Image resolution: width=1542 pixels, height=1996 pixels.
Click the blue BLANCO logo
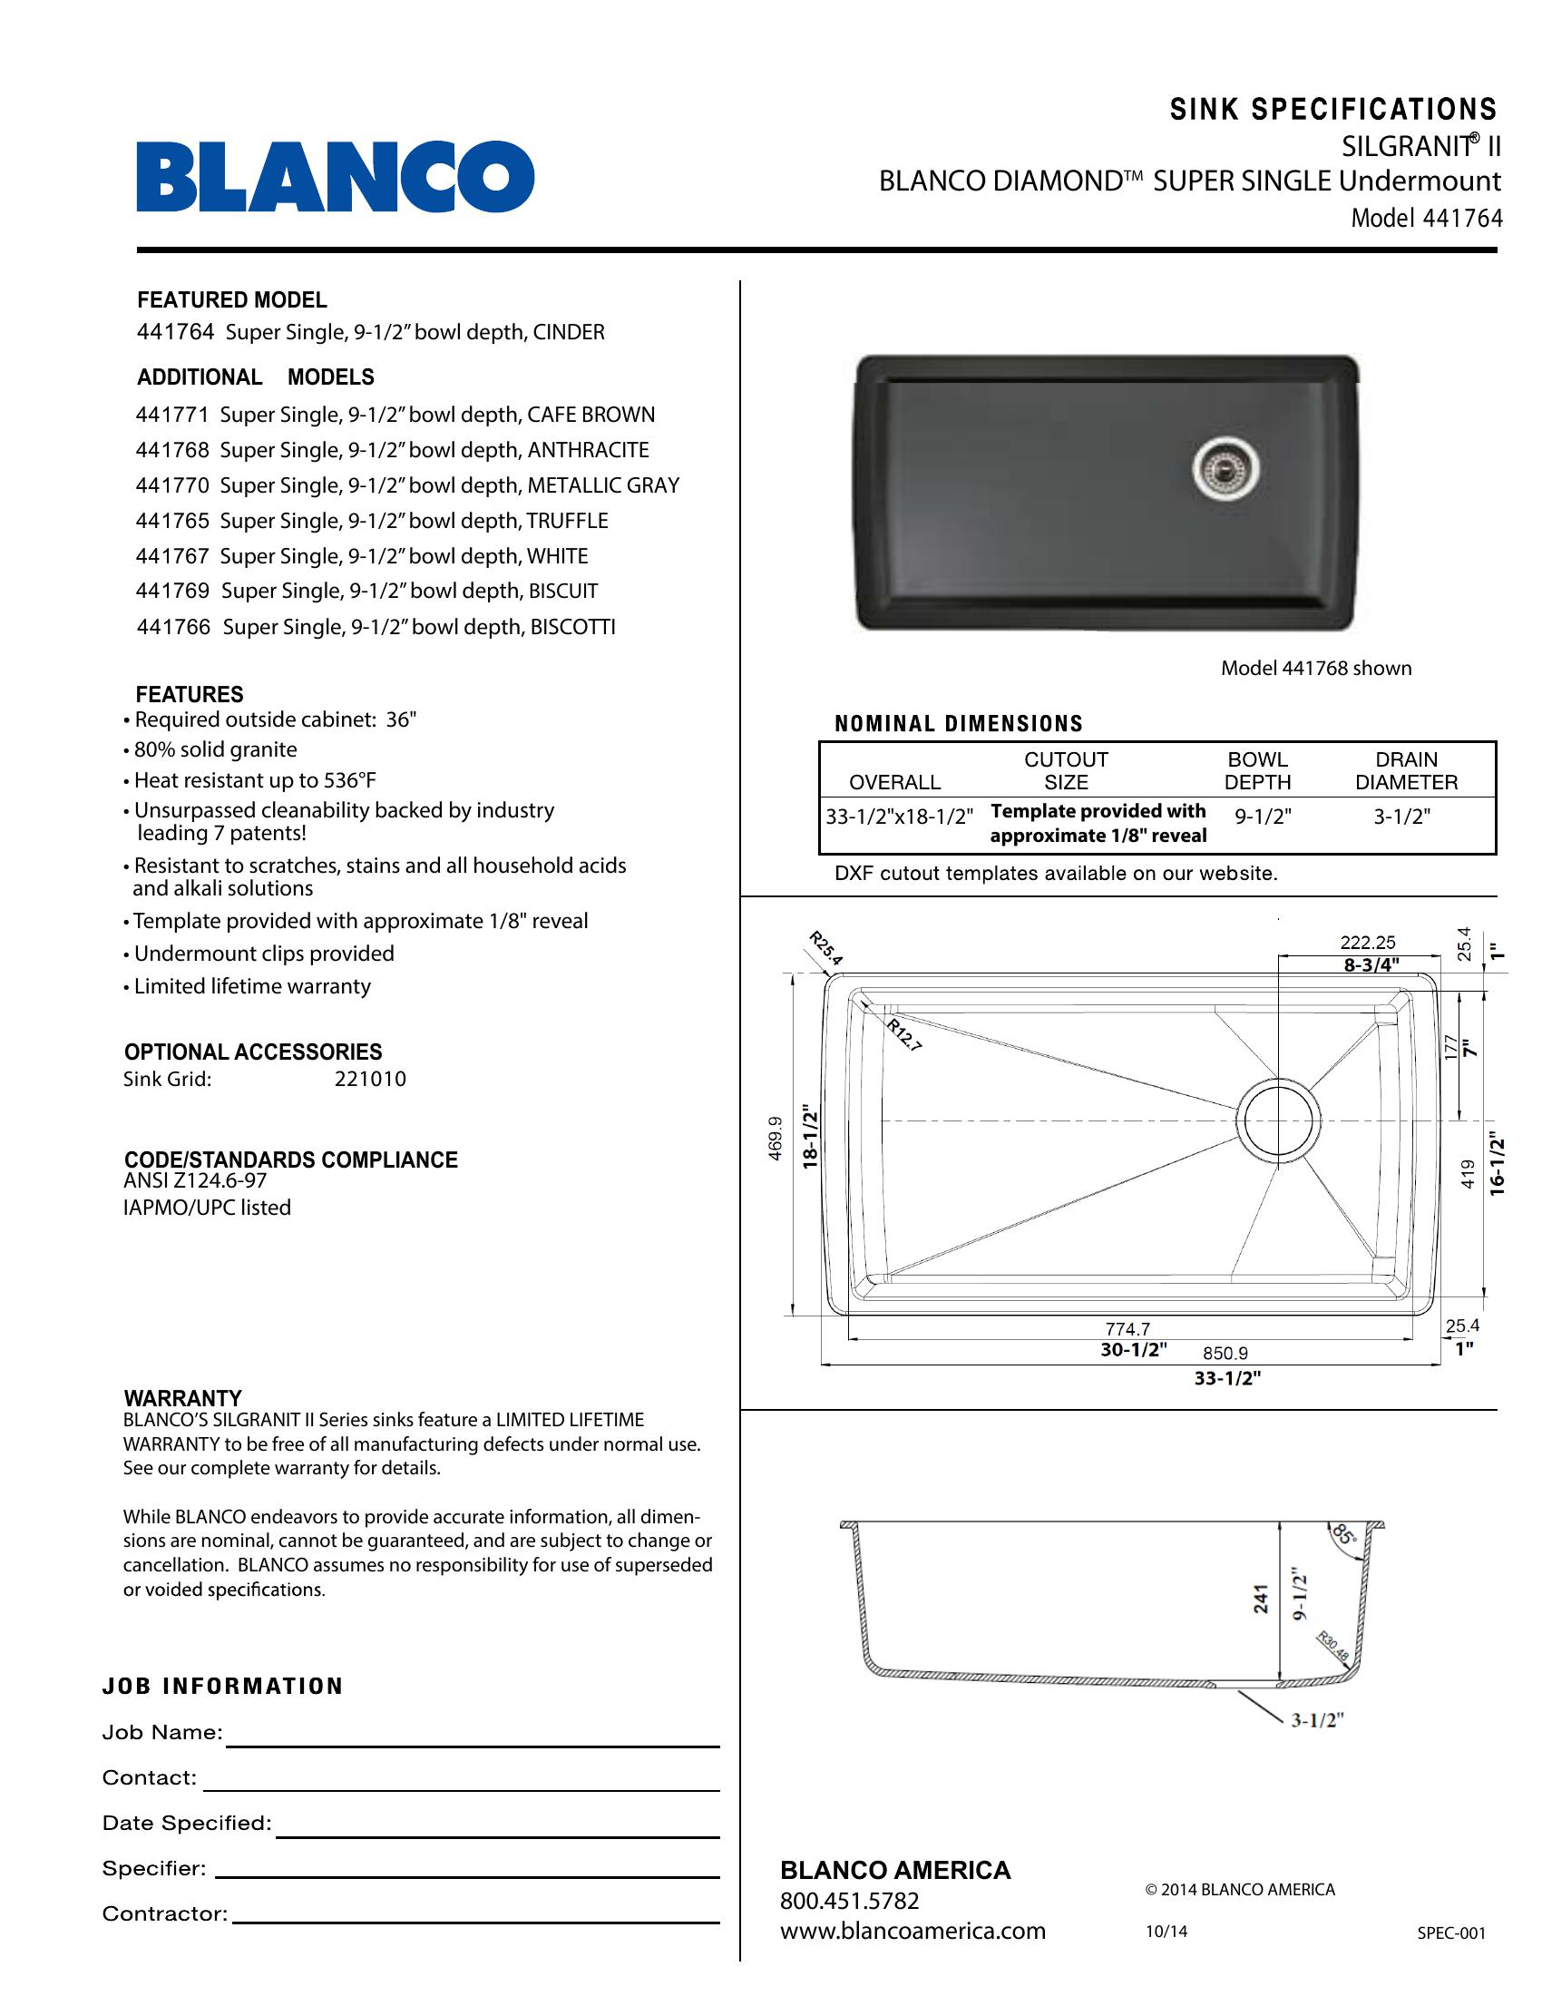(x=336, y=176)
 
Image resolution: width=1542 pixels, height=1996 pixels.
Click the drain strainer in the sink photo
(x=1226, y=469)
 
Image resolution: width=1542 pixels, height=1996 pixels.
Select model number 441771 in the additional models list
(x=172, y=415)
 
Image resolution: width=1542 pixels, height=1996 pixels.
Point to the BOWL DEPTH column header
(x=1257, y=770)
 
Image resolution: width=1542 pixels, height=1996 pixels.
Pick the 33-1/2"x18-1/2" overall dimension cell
(x=899, y=817)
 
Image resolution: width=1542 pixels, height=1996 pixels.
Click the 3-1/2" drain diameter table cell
(x=1401, y=817)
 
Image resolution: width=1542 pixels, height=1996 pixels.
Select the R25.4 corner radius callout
(x=825, y=948)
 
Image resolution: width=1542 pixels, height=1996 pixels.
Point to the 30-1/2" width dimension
(x=1134, y=1350)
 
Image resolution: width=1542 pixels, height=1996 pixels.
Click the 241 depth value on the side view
(x=1261, y=1599)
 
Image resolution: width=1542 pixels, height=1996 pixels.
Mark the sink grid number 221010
(x=370, y=1079)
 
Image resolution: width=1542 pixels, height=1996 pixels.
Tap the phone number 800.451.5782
(x=849, y=1901)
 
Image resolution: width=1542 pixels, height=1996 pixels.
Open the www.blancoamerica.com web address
(x=912, y=1931)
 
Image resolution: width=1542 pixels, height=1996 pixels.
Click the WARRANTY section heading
(x=182, y=1398)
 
